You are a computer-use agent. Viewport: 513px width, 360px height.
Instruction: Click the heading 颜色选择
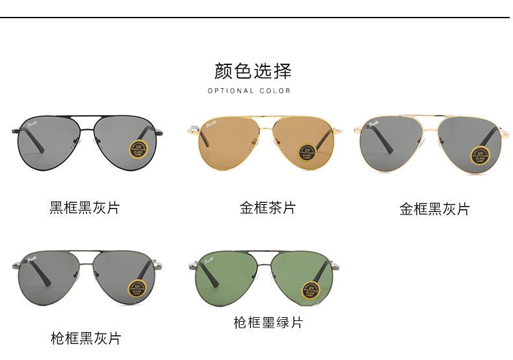[x=253, y=70]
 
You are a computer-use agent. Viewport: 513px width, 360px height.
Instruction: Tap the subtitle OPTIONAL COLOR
[x=249, y=91]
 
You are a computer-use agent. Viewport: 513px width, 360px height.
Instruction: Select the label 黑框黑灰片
[x=85, y=208]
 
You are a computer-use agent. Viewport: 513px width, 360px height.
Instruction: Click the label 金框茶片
[x=268, y=208]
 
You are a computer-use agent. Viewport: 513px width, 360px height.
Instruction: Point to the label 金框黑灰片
[x=434, y=209]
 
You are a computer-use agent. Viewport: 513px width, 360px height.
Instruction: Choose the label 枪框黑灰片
[x=86, y=338]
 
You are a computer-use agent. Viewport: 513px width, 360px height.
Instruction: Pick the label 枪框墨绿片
[x=268, y=322]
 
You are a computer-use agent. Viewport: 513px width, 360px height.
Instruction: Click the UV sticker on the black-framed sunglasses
[x=138, y=149]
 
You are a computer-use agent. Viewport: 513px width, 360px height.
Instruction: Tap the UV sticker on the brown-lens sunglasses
[x=307, y=153]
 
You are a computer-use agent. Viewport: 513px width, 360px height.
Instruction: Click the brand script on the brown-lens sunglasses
[x=212, y=125]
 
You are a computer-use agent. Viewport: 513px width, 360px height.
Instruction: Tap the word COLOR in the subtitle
[x=275, y=91]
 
